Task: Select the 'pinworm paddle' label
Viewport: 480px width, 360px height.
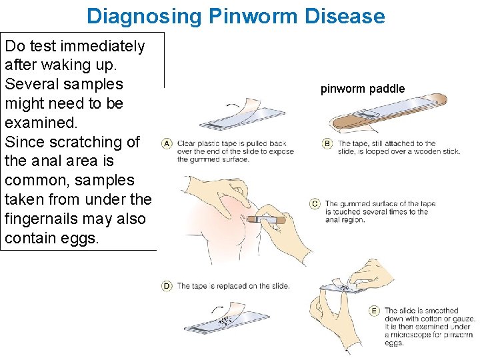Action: click(362, 89)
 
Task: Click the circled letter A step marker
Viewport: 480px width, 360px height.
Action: click(166, 143)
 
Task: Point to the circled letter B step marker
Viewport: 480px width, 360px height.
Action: click(327, 143)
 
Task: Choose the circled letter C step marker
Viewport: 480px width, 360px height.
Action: click(315, 204)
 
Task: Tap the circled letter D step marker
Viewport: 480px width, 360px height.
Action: click(166, 286)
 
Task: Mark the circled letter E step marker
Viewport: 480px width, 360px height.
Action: click(374, 311)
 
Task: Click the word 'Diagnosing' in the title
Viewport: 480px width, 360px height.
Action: click(143, 15)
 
